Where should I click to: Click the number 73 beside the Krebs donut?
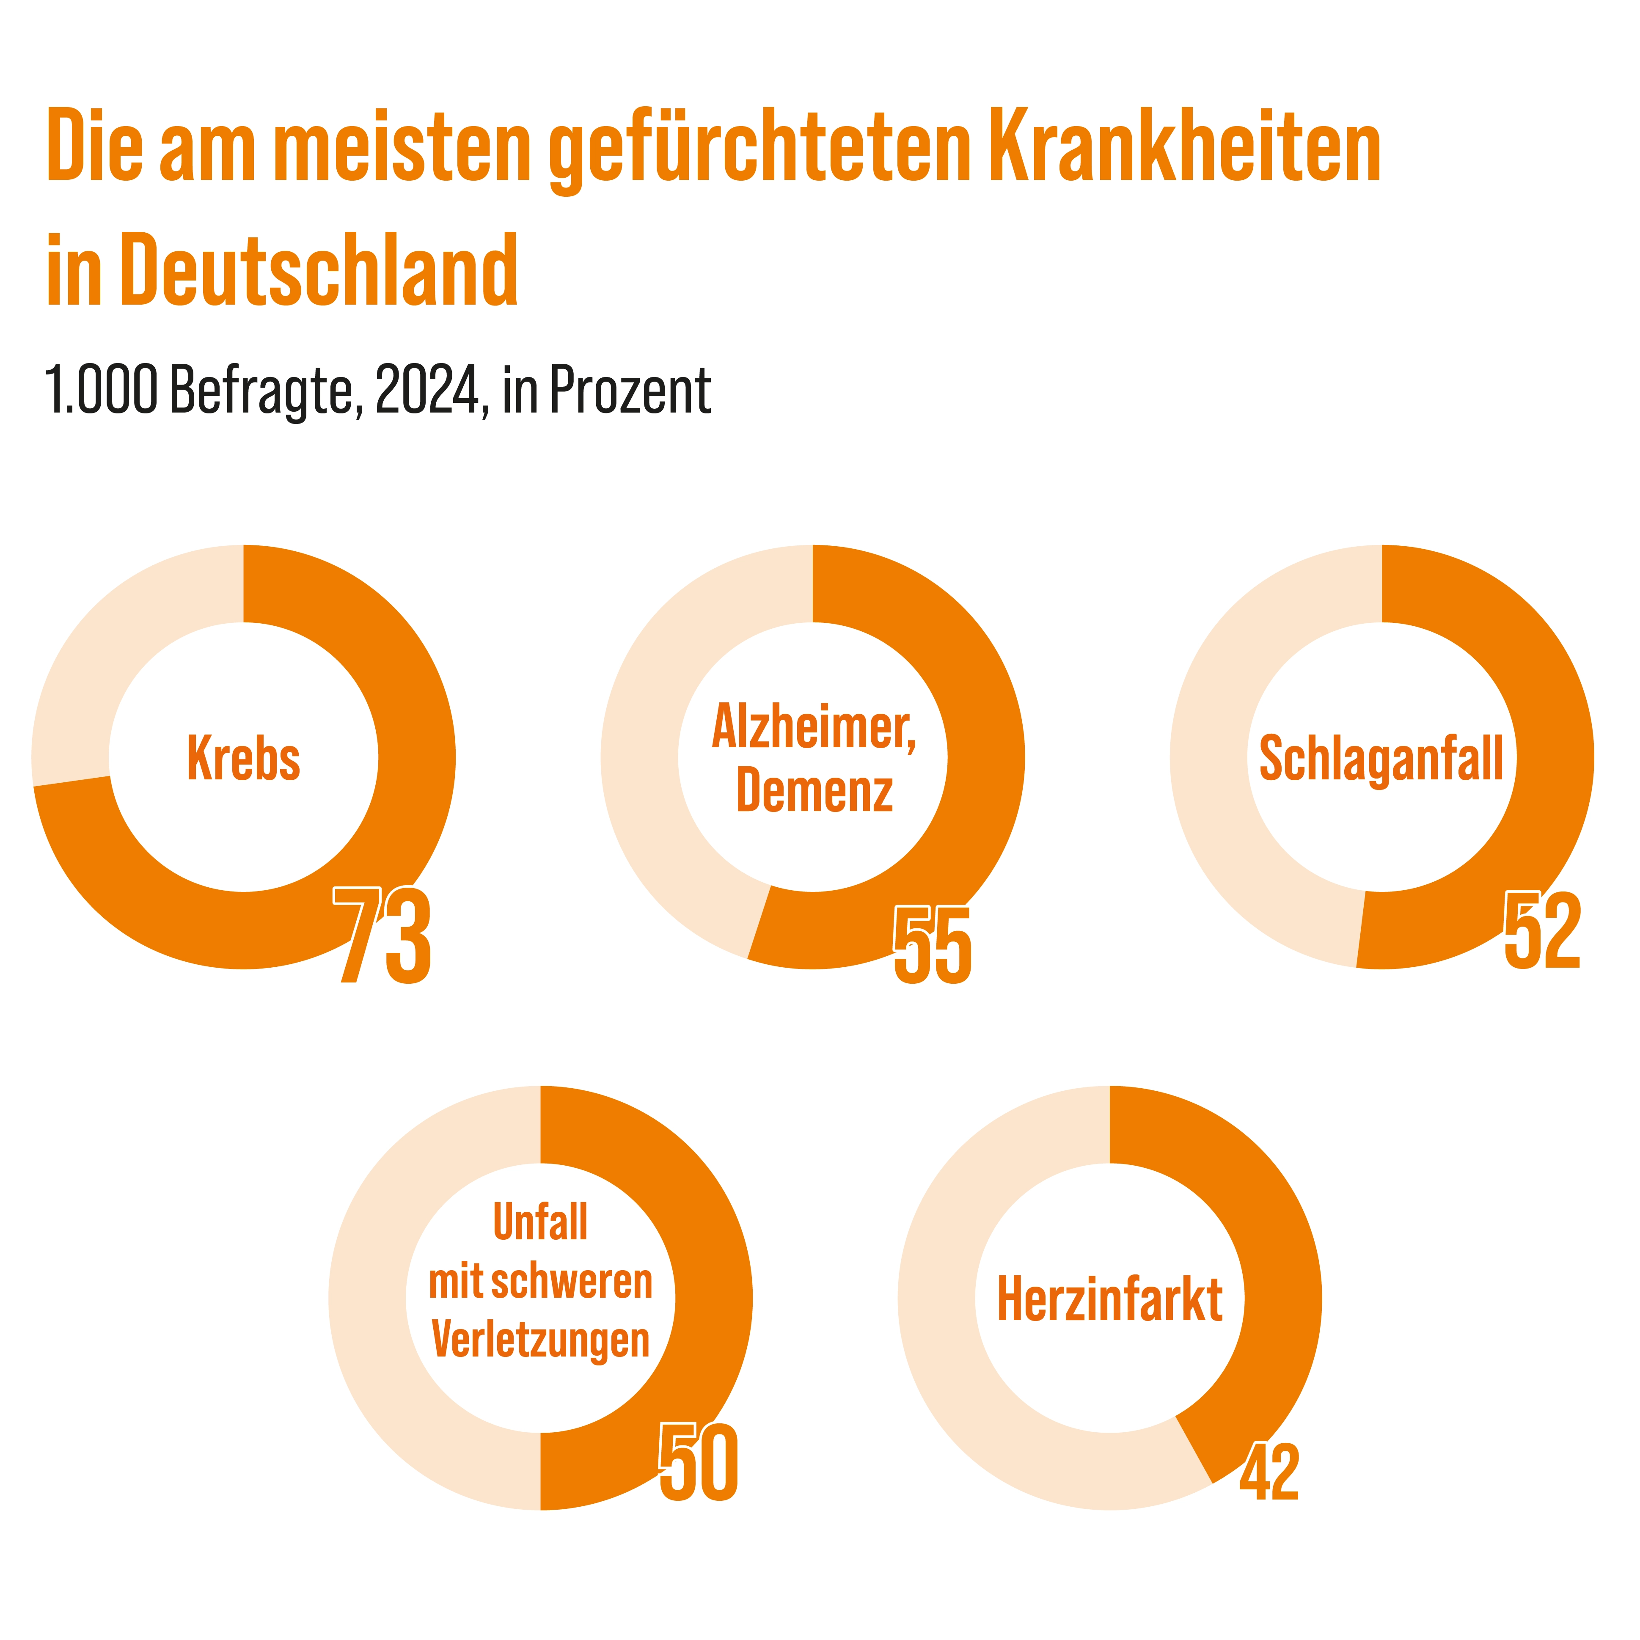pos(382,936)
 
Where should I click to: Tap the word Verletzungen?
pos(541,1340)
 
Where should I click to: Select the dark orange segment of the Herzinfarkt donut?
pos(1265,1231)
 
